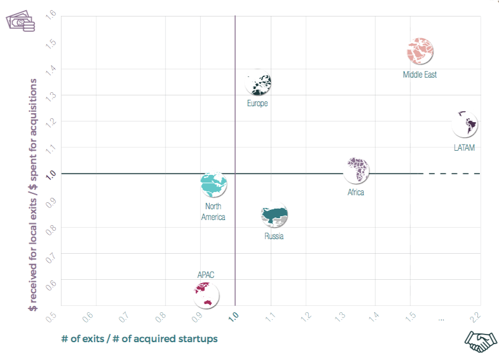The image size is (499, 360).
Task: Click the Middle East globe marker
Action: click(420, 50)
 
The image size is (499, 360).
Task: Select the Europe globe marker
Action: click(259, 83)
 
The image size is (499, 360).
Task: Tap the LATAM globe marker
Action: click(465, 124)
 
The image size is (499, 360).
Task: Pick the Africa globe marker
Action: click(357, 170)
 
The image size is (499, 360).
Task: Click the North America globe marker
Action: click(214, 185)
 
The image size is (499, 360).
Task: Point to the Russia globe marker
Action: click(275, 216)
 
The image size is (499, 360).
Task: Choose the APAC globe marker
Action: click(206, 294)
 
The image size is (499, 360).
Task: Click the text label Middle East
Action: click(420, 74)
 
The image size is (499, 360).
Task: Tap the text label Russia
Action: click(274, 237)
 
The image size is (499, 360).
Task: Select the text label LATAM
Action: click(464, 148)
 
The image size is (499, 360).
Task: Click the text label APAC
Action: click(206, 275)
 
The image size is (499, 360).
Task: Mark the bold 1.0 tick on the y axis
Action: click(50, 173)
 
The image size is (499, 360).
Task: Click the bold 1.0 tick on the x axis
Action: click(235, 314)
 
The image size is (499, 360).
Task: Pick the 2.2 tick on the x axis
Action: click(475, 315)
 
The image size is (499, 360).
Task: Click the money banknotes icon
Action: click(20, 22)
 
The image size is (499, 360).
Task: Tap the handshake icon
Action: click(481, 342)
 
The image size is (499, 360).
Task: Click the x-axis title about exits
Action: click(139, 338)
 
